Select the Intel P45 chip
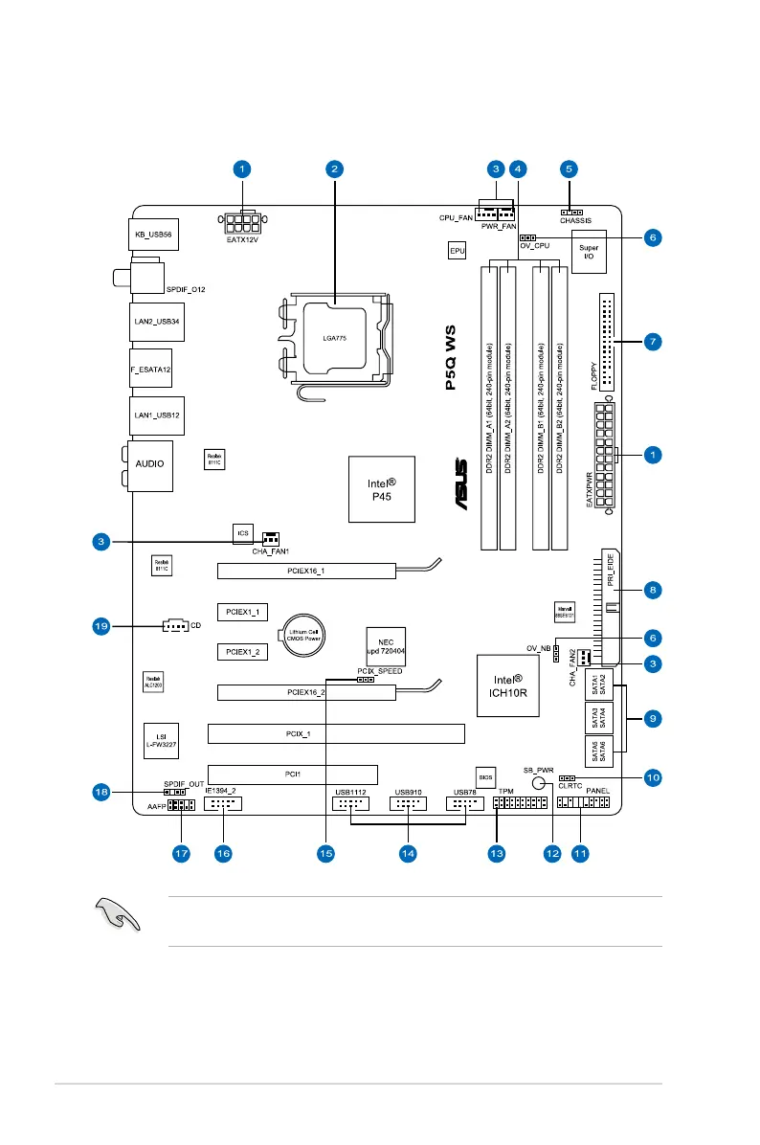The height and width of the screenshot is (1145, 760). click(x=382, y=488)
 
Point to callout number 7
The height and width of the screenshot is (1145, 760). click(x=651, y=340)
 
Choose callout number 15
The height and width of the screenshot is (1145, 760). click(x=325, y=851)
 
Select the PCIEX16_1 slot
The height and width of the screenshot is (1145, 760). click(x=305, y=571)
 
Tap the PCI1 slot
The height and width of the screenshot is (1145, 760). click(x=292, y=775)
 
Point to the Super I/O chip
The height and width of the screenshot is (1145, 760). click(x=588, y=252)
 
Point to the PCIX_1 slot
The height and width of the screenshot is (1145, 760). click(x=336, y=734)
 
